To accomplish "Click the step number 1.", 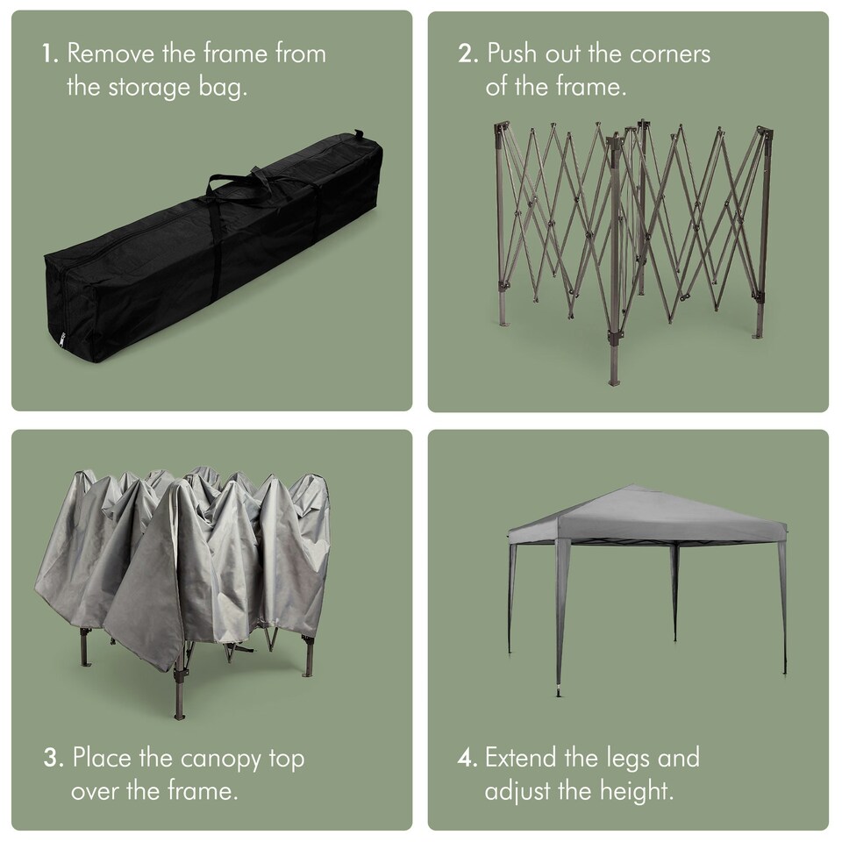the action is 50,54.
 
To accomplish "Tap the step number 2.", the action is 467,54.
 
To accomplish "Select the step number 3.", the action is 54,758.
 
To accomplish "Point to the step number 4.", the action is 467,758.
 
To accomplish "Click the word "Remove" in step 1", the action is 111,54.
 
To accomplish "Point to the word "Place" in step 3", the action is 102,757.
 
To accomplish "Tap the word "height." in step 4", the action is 637,791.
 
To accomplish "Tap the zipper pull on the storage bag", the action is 62,340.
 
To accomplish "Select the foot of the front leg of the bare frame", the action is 614,382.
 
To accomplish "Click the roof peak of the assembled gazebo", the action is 632,487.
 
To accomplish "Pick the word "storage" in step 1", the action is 149,89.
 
